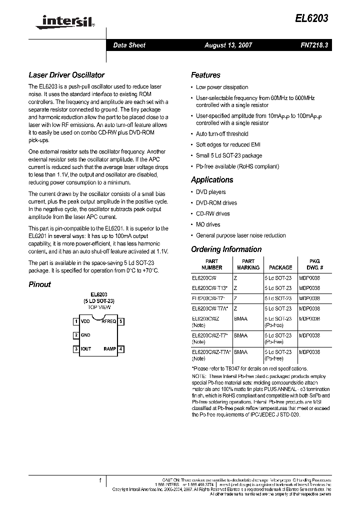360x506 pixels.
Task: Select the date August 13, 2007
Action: pos(228,45)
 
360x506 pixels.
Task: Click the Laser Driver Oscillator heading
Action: pos(66,75)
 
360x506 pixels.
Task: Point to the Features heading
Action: pos(205,75)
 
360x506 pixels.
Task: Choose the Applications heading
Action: pos(212,180)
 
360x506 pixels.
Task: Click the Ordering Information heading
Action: pos(226,249)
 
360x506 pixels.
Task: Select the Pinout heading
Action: pos(39,284)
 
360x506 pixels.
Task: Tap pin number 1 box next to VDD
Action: pos(76,321)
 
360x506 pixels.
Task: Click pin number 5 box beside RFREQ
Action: pos(121,321)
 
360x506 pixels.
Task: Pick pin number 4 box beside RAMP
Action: pos(121,348)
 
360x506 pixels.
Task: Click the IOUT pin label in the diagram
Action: pos(86,348)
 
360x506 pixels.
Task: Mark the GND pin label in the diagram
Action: pos(85,335)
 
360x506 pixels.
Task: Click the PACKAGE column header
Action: pos(280,267)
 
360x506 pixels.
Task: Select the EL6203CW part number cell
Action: pos(204,277)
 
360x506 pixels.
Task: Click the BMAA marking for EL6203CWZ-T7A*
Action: pos(240,352)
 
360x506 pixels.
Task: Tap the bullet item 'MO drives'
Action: pos(208,224)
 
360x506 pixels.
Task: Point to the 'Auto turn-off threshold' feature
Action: pos(221,134)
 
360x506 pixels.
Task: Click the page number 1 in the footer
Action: pos(100,480)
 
